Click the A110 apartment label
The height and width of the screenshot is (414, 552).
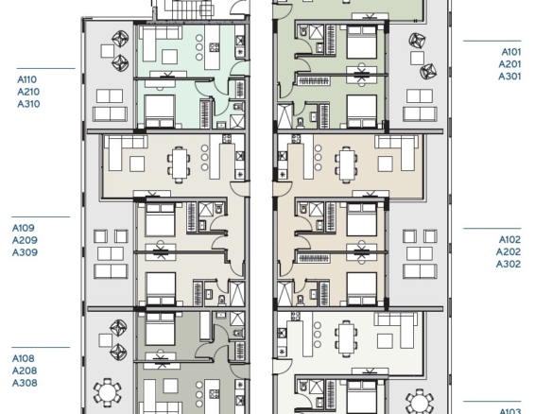click(x=26, y=79)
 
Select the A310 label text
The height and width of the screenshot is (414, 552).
click(x=28, y=104)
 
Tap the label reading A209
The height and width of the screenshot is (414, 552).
click(x=25, y=240)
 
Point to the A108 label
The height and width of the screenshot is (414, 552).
click(x=24, y=359)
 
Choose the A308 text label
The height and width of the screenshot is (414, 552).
click(x=25, y=383)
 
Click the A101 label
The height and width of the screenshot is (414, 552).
click(x=510, y=52)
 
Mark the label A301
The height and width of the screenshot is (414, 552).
click(x=509, y=77)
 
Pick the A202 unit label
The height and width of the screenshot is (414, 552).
click(x=508, y=252)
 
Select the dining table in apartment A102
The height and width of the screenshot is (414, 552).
click(x=347, y=164)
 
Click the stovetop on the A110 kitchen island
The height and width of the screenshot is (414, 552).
click(x=214, y=47)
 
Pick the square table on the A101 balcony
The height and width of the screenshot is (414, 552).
click(x=417, y=58)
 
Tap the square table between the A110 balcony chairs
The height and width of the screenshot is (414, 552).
click(x=108, y=51)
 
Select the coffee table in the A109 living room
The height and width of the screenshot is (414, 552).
click(x=137, y=164)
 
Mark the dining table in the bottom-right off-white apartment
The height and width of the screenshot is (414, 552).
click(x=347, y=338)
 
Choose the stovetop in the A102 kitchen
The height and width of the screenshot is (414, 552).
click(x=296, y=139)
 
